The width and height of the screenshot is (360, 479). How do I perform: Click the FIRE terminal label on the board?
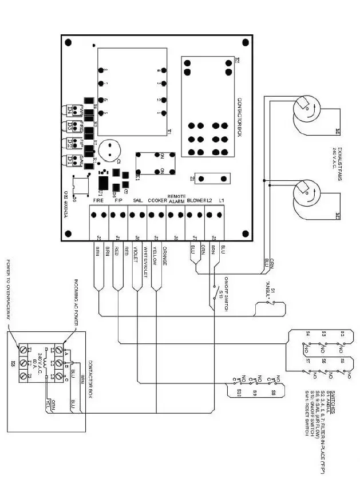pyautogui.click(x=99, y=201)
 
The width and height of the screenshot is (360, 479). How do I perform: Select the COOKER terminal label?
pyautogui.click(x=157, y=201)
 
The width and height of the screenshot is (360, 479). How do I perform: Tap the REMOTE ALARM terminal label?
pyautogui.click(x=176, y=199)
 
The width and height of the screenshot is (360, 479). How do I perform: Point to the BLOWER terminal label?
pyautogui.click(x=196, y=201)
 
